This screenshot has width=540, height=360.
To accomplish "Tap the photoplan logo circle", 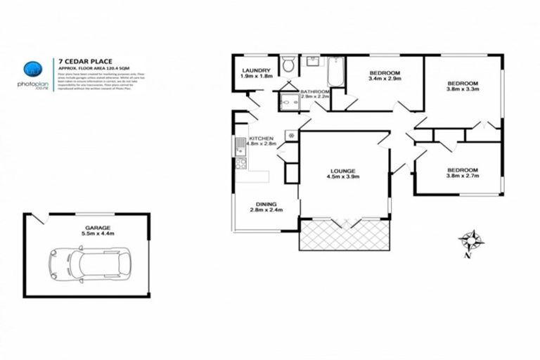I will [32, 69].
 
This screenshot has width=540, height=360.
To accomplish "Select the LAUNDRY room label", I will [256, 71].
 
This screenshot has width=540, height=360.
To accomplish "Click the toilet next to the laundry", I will [287, 66].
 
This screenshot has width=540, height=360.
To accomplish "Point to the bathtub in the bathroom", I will [335, 71].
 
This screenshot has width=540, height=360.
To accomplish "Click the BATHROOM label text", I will [315, 91].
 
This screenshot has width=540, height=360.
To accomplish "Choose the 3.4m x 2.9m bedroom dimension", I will [385, 79].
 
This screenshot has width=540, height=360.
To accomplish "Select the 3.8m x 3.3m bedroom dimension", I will [463, 89].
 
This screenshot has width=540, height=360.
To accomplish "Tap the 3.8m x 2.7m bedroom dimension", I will [463, 176].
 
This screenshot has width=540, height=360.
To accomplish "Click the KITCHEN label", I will [260, 138].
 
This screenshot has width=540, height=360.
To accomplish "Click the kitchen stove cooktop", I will [240, 164].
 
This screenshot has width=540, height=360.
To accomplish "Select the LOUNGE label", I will [343, 171].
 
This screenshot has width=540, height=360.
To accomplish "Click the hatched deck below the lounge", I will [344, 235].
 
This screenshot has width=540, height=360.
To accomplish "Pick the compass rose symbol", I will [471, 240].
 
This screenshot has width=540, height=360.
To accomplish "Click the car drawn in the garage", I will [89, 264].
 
